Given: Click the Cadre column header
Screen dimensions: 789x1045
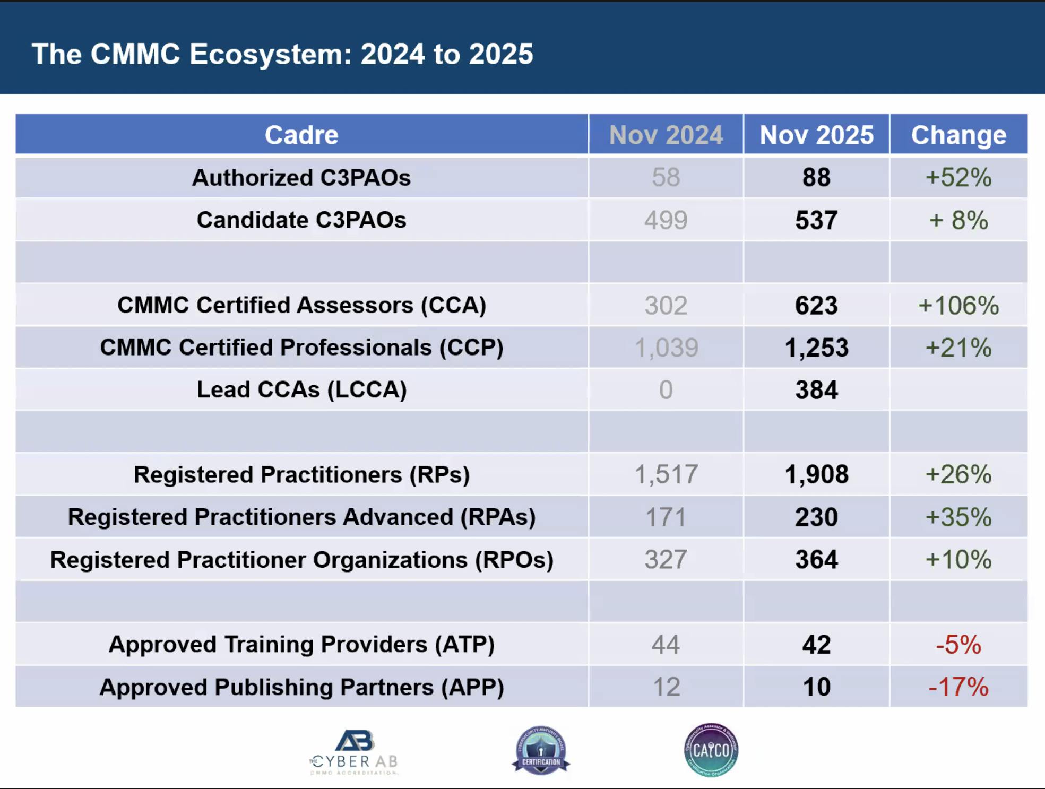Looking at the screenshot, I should pos(301,135).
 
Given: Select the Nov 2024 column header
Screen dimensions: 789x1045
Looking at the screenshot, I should pos(666,135).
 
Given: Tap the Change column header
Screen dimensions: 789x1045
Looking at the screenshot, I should pos(958,135).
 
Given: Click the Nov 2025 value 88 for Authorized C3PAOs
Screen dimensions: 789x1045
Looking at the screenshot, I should pos(816,177).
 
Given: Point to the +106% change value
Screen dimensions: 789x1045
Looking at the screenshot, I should pos(958,305).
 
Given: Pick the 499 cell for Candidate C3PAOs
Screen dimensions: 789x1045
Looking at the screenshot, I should pos(666,220).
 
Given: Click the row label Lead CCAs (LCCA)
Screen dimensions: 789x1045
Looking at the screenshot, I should pos(301,389).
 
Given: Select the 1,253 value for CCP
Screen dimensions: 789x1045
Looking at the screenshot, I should pos(816,348).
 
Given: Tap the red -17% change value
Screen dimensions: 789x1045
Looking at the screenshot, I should pos(958,687).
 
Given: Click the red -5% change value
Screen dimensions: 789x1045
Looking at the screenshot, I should pos(958,644).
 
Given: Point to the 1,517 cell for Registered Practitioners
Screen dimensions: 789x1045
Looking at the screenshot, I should pos(666,474).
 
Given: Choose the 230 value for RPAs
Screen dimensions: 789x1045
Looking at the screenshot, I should pos(816,517).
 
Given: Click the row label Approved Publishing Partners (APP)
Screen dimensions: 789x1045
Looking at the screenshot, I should pos(301,687).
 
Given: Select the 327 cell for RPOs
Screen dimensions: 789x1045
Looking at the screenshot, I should pos(666,559).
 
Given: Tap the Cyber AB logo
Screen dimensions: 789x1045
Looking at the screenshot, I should pos(355,752).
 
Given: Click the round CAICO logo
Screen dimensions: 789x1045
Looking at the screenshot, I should pos(711,750).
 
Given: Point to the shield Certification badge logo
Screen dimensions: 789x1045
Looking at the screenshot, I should pos(541,750).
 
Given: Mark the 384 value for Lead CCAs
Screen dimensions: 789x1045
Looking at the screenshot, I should pos(816,389).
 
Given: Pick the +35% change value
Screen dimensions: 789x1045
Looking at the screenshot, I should pos(958,517).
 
